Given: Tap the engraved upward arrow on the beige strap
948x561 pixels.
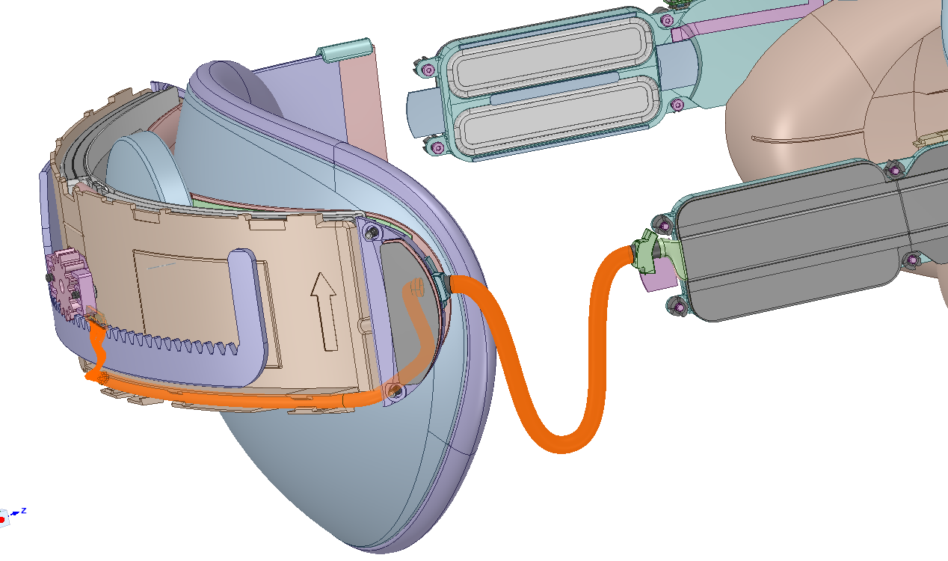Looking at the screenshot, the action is (324, 311).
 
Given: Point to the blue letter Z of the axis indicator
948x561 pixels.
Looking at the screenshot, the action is (24, 511).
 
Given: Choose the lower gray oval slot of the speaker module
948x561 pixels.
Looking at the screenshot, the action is (555, 114).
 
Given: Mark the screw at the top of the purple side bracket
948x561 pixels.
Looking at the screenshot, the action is (373, 233).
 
